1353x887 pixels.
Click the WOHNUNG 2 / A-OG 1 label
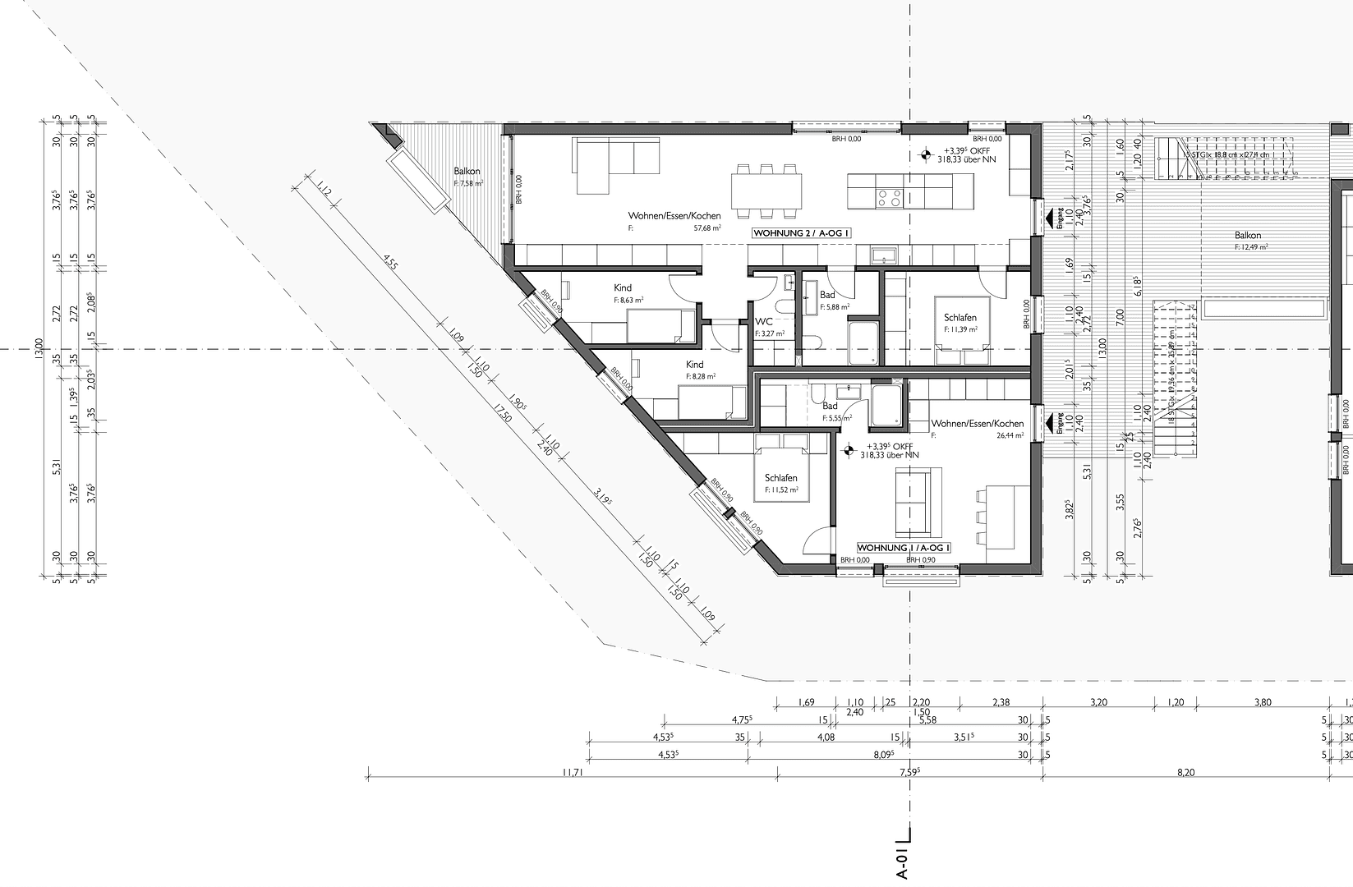[802, 233]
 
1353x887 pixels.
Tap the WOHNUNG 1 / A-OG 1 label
[904, 547]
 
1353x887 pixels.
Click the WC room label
[764, 323]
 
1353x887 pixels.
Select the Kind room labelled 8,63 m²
[623, 288]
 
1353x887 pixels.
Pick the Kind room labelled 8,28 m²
[695, 365]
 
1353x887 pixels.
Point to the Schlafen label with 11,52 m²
[780, 478]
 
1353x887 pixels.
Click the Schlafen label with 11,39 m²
[960, 317]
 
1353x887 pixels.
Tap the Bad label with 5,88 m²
[827, 295]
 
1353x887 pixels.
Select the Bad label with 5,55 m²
[831, 406]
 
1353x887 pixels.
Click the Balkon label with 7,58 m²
[467, 172]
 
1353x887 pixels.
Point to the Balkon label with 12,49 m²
[1247, 236]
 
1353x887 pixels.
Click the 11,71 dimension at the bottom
[572, 772]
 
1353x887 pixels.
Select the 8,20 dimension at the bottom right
[1185, 772]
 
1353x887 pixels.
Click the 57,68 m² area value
[707, 227]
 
